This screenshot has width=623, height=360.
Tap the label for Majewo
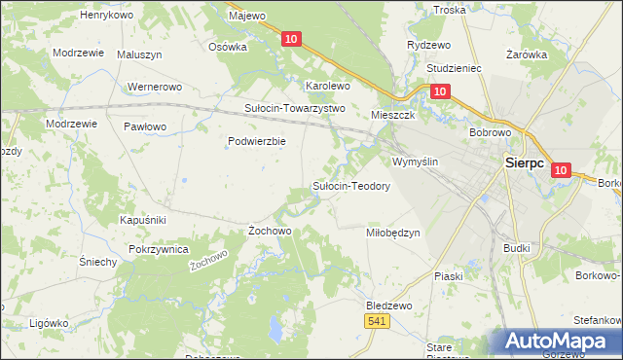[246, 16]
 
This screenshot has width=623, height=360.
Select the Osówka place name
[228, 46]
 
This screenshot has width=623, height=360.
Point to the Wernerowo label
[156, 87]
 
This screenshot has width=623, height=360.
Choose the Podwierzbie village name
[256, 141]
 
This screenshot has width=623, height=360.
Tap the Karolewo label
[327, 86]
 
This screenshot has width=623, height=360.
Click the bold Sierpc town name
[530, 164]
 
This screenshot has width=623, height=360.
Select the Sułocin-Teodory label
[350, 186]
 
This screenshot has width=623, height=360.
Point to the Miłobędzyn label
[392, 233]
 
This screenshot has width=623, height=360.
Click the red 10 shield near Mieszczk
[440, 91]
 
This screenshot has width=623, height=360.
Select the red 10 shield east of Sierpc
[560, 170]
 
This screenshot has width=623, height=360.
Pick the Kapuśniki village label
[144, 220]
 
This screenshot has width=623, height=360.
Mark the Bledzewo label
[389, 305]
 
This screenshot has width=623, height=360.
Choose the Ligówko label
[49, 322]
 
